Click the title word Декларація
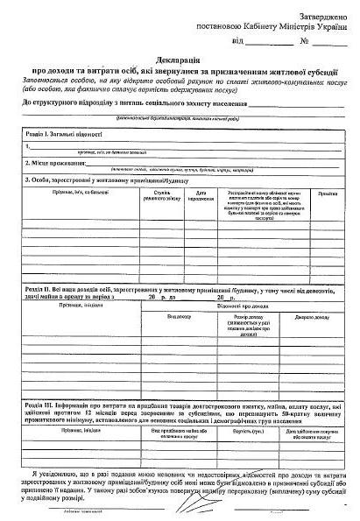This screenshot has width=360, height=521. (x=180, y=57)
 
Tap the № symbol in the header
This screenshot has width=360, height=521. (x=304, y=40)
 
